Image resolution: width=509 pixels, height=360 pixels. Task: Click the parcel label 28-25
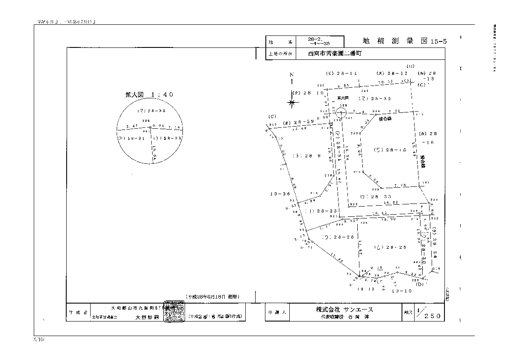(x=389, y=247)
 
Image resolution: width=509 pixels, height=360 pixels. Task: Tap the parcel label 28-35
(x=322, y=211)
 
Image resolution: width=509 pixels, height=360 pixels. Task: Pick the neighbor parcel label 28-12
(x=392, y=74)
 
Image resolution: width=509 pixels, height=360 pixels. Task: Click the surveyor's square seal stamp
(x=175, y=313)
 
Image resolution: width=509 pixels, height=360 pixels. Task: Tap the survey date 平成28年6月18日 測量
(x=212, y=296)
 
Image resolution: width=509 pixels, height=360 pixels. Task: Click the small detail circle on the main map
(x=341, y=113)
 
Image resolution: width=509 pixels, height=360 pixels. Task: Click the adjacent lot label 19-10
(x=401, y=290)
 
